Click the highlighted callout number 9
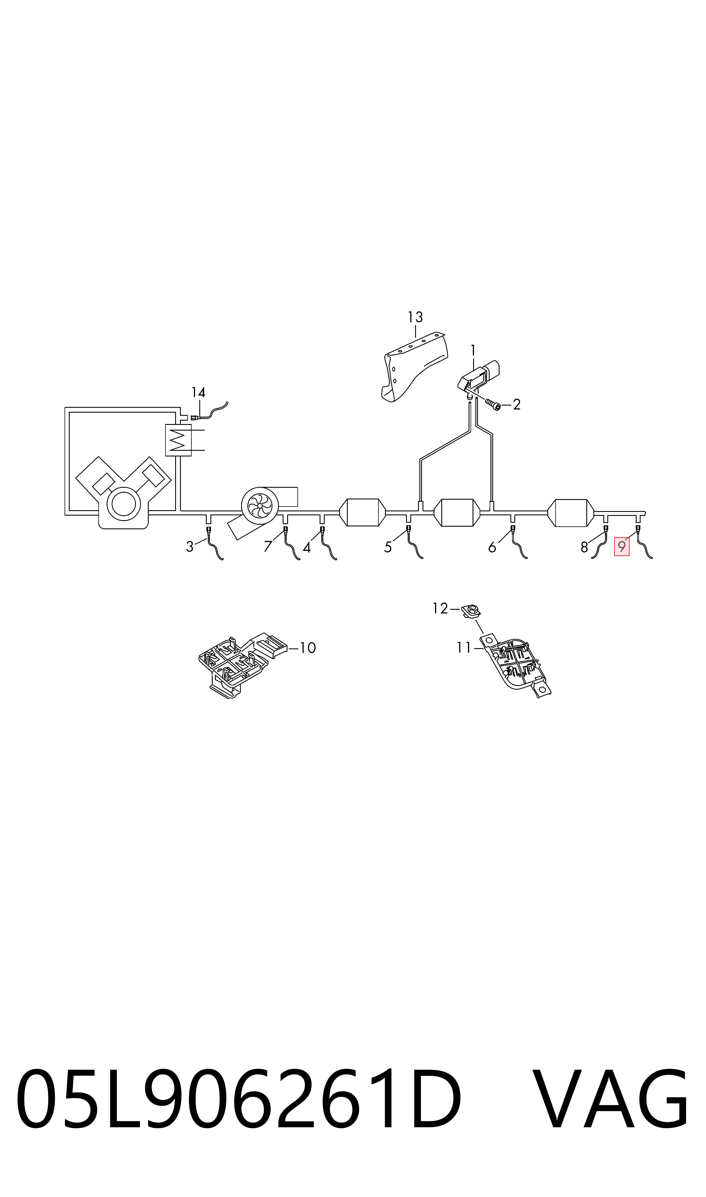click(x=621, y=546)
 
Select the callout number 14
click(x=198, y=392)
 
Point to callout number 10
click(x=308, y=648)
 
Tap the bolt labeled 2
click(x=493, y=404)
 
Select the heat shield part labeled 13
click(x=414, y=367)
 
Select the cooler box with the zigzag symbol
click(x=178, y=440)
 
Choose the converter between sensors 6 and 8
click(x=571, y=513)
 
